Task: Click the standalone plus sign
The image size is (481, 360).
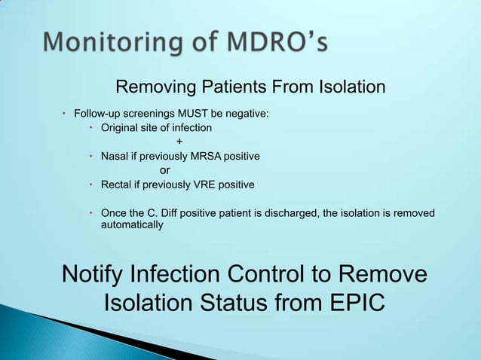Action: click(179, 142)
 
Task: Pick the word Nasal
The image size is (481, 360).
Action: click(115, 157)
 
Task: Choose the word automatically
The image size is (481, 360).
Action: click(132, 225)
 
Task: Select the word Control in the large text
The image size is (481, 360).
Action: click(292, 274)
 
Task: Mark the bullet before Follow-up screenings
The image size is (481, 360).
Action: click(65, 114)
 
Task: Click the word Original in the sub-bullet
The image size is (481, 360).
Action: click(119, 128)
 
